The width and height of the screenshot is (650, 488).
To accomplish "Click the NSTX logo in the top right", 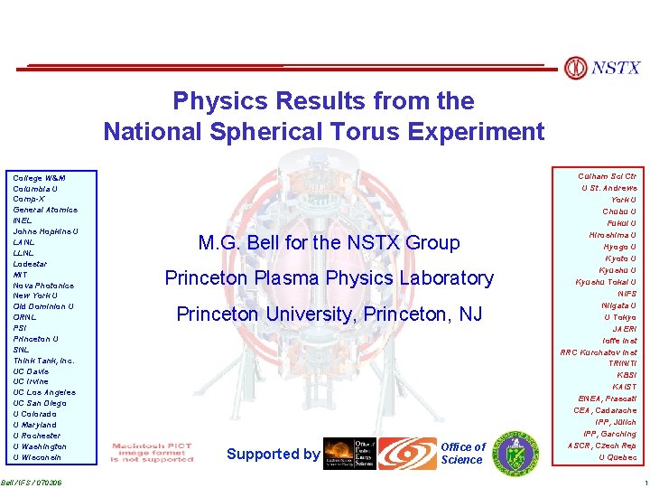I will [602, 68].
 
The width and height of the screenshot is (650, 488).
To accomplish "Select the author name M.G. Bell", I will [238, 243].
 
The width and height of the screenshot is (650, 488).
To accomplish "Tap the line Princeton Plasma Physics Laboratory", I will [329, 278].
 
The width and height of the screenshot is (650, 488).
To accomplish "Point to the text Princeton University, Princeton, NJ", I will [329, 314].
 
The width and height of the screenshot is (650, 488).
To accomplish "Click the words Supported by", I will [273, 454].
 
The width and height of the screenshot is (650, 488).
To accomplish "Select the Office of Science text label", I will [462, 454].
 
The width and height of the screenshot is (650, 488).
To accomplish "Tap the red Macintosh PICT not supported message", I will [152, 453].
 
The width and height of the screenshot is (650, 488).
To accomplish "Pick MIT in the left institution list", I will [20, 275].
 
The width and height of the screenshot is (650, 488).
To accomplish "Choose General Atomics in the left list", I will [44, 210].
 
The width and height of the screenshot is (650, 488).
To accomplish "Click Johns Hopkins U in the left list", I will [45, 231].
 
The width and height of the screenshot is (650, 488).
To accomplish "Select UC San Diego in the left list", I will [39, 403].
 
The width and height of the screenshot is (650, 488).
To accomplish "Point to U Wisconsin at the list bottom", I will [39, 457].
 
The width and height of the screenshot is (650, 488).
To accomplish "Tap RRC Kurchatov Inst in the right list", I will [599, 352].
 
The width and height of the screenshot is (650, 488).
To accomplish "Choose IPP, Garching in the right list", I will [609, 435].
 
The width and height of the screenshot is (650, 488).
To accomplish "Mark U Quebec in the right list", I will [617, 457].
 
